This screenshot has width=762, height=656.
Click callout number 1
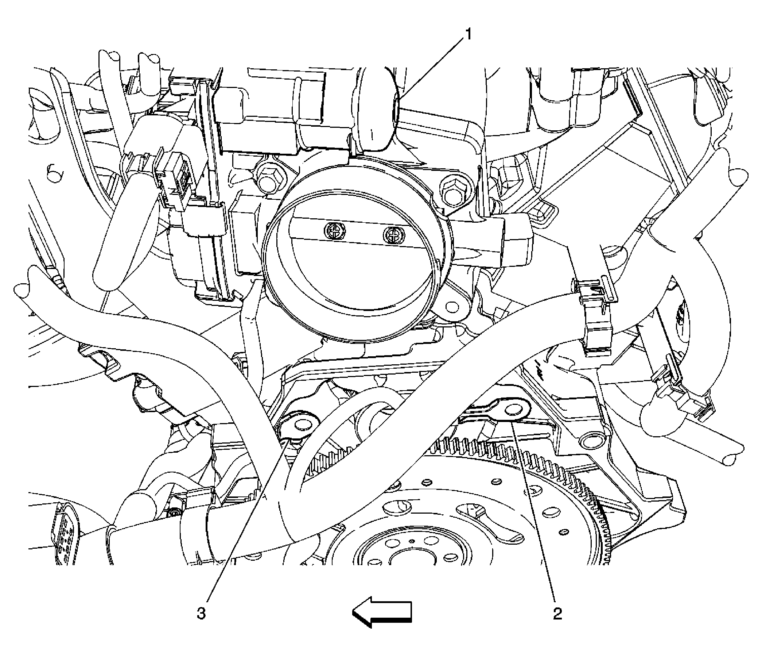click(x=468, y=35)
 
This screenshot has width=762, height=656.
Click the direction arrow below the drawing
click(x=382, y=612)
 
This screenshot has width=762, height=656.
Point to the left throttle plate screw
click(x=335, y=231)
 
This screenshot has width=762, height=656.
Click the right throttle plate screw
click(x=393, y=234)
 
